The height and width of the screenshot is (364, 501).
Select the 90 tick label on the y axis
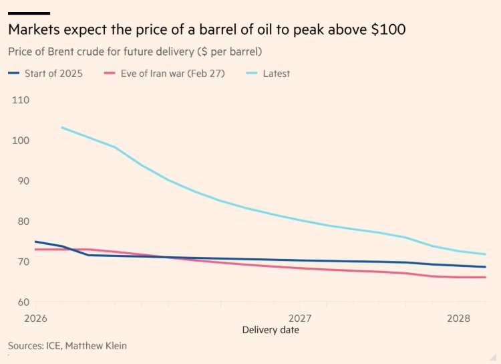click(19, 181)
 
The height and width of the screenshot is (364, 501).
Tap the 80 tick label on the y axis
click(19, 221)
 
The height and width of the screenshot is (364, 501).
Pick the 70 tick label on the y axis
click(19, 262)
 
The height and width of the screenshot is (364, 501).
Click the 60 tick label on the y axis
click(19, 302)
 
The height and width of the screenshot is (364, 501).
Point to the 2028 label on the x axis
click(458, 318)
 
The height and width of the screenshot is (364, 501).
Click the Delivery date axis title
click(271, 330)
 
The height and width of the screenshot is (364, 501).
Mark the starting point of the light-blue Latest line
click(61, 127)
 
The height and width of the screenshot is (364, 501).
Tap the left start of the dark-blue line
click(35, 242)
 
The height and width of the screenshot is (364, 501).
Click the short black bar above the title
click(29, 13)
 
